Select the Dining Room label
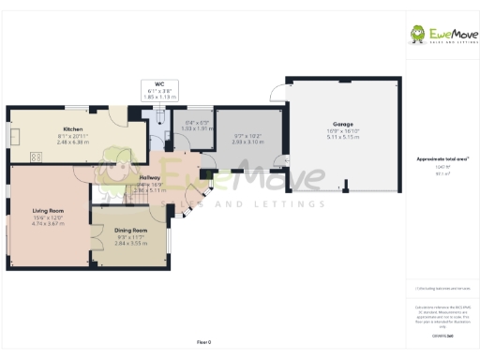131,230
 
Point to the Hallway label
149,177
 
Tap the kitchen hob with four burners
37,157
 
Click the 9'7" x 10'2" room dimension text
247,137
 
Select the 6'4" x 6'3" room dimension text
198,123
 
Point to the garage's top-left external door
275,91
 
